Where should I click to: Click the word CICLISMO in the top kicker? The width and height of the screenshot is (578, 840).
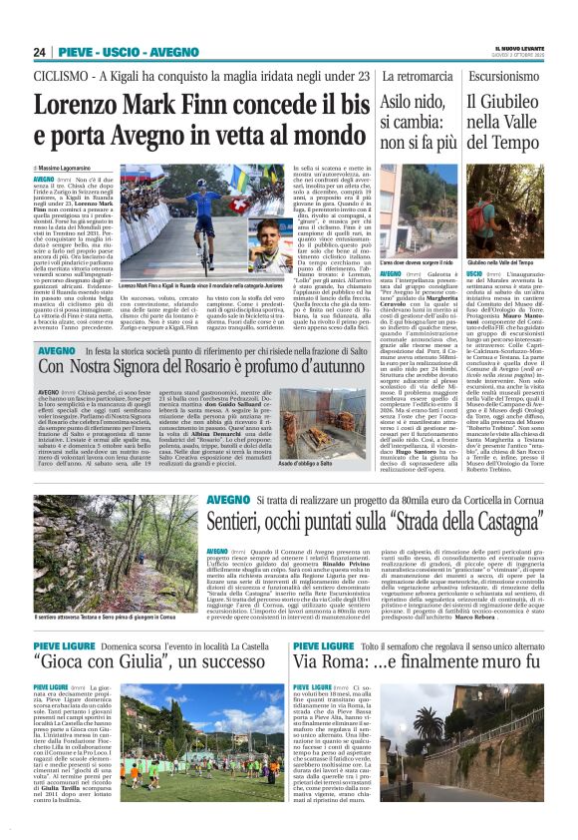[61, 75]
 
